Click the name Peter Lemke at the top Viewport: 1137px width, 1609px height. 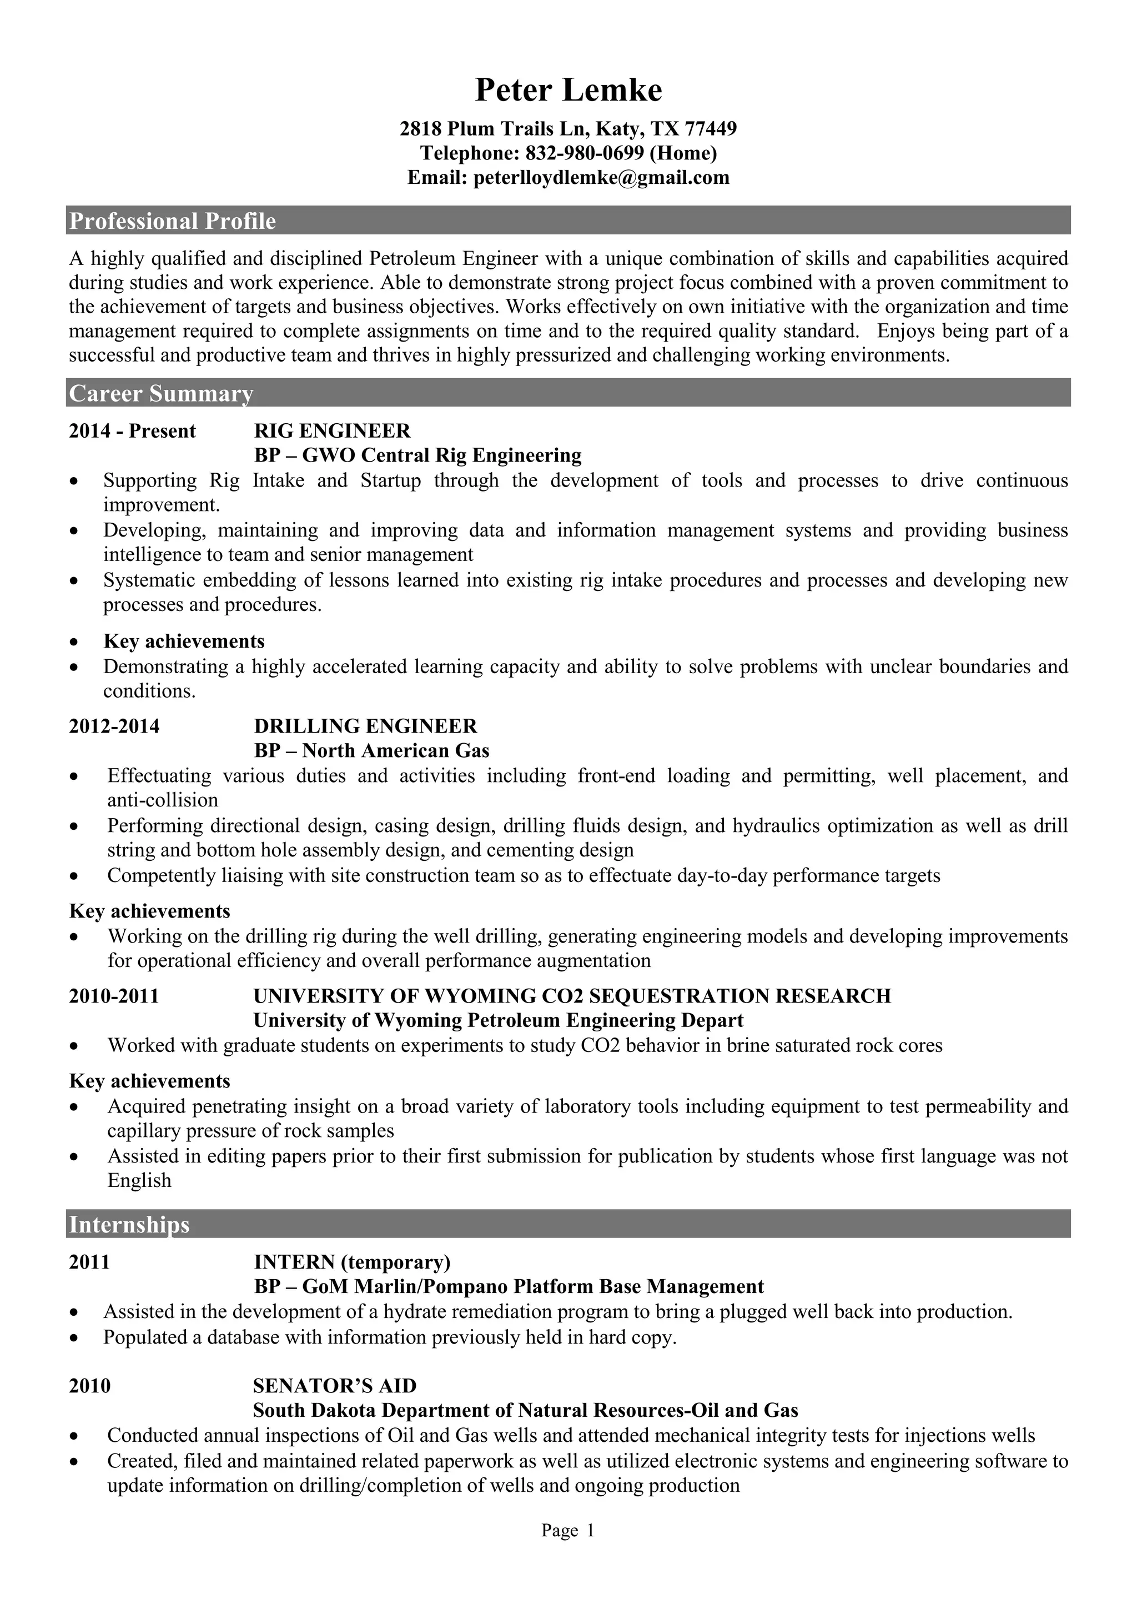(568, 91)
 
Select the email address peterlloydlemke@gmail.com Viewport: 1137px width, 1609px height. (601, 178)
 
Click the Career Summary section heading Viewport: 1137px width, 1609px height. (160, 394)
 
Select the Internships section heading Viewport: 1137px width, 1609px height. (129, 1224)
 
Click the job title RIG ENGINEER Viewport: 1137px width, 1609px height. (332, 431)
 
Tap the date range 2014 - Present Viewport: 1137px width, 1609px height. (132, 431)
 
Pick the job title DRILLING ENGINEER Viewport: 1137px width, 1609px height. (365, 726)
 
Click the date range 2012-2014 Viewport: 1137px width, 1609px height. (114, 726)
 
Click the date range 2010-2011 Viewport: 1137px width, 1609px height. (114, 996)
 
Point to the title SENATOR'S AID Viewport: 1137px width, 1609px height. (334, 1385)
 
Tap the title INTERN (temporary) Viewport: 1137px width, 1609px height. (351, 1262)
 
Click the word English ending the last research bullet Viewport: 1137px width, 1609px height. (139, 1180)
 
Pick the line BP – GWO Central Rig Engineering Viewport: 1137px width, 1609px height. (417, 456)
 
